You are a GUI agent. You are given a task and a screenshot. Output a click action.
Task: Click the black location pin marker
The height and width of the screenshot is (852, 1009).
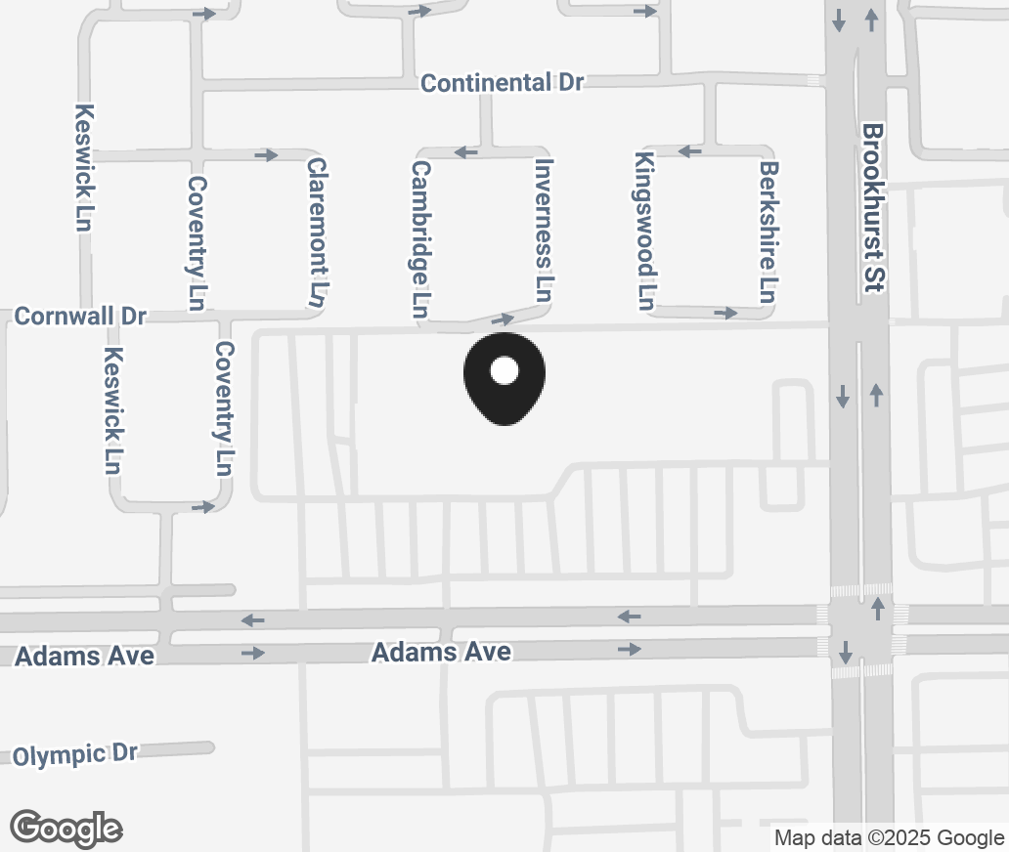504,376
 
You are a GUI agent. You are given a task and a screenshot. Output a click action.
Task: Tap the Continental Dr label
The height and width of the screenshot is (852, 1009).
502,83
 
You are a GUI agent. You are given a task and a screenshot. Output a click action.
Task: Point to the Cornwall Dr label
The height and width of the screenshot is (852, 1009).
80,317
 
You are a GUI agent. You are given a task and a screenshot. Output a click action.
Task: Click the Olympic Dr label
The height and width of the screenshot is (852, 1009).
75,753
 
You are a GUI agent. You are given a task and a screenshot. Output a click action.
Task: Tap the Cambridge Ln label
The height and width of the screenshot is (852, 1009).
421,239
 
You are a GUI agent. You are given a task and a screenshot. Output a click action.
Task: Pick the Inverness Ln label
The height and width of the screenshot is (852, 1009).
545,230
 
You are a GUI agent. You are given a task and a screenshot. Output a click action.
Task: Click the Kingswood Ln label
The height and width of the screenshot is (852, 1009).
644,231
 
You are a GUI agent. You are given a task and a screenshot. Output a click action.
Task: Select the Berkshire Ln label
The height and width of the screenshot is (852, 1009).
768,232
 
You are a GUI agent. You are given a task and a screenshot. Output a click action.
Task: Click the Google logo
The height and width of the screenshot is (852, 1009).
66,828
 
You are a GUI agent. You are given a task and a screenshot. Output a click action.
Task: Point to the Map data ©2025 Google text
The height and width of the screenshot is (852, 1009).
889,837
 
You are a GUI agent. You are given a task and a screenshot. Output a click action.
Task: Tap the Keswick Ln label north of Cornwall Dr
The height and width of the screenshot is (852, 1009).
84,167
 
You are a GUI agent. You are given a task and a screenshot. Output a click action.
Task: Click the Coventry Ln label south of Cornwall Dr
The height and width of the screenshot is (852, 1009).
225,407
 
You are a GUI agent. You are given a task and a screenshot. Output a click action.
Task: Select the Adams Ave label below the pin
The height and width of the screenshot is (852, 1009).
441,651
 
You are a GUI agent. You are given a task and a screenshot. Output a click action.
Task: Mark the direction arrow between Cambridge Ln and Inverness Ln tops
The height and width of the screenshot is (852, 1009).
465,152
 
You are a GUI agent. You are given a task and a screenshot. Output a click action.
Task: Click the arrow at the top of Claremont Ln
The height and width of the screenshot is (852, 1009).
266,154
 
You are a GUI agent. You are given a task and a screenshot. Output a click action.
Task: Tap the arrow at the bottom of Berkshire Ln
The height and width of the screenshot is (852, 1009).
724,313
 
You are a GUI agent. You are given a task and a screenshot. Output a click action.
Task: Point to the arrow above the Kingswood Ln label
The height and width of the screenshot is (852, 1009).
690,151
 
